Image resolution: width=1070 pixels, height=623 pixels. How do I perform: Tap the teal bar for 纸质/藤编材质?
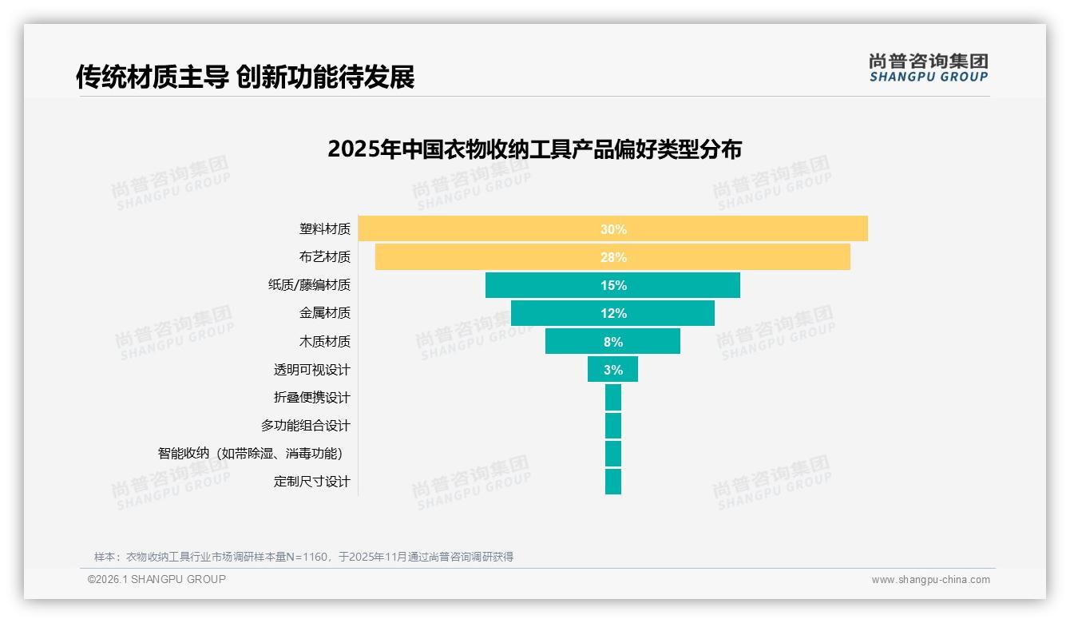(x=543, y=285)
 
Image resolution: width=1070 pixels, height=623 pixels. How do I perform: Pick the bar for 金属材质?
(x=559, y=313)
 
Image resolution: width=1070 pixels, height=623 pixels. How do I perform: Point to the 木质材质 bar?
(x=575, y=342)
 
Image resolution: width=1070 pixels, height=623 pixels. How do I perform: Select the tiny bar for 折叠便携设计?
(x=613, y=398)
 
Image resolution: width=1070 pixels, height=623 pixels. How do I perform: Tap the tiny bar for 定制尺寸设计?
(x=613, y=482)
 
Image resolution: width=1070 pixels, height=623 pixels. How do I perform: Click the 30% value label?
(x=613, y=229)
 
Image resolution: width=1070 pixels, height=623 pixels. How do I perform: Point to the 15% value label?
(x=613, y=285)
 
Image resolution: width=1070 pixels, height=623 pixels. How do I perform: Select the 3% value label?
(x=613, y=370)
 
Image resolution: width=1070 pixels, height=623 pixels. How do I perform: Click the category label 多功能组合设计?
(x=305, y=426)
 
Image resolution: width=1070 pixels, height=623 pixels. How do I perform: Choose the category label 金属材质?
(x=324, y=313)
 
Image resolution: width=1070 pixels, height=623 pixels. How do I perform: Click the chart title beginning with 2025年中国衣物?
(x=534, y=149)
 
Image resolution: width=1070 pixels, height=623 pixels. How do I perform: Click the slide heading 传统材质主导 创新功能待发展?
(x=245, y=77)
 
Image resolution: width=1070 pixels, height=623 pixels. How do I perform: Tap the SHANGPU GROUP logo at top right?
(x=929, y=68)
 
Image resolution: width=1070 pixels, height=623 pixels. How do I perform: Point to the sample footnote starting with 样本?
(x=303, y=557)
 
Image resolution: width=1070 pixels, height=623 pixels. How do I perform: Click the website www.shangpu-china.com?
(x=930, y=580)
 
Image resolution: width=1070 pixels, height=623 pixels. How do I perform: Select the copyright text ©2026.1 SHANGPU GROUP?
(x=157, y=579)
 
